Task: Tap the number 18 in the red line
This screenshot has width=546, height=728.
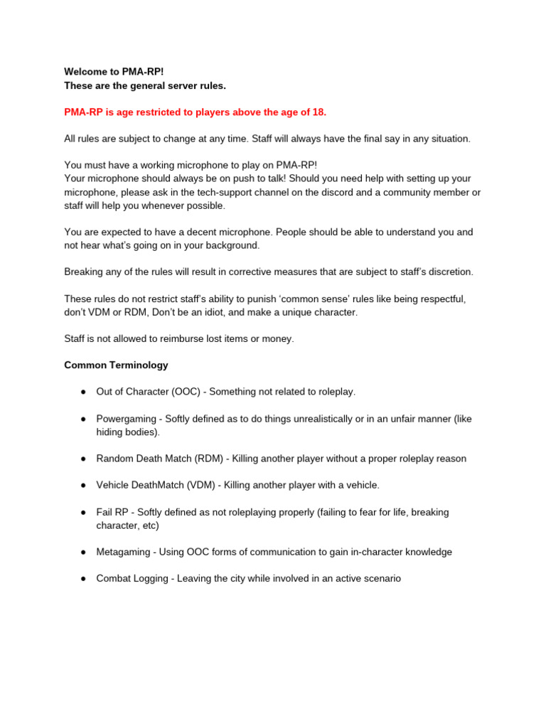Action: pyautogui.click(x=319, y=112)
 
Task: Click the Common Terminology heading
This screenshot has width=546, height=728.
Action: pyautogui.click(x=116, y=365)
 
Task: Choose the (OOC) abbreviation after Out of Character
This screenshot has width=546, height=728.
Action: pyautogui.click(x=188, y=392)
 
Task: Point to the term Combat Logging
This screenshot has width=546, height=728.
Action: pyautogui.click(x=132, y=579)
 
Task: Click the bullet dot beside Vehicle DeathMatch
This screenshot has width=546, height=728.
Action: pyautogui.click(x=82, y=485)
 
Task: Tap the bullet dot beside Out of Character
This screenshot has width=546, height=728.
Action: pyautogui.click(x=82, y=392)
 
